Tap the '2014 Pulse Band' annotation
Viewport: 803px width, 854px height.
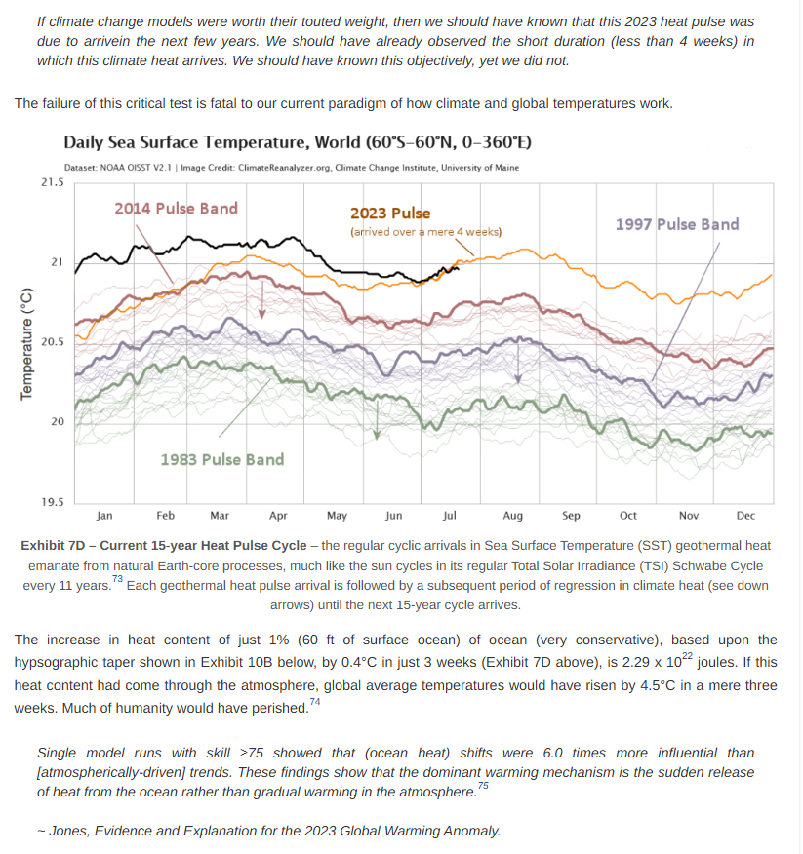tap(176, 208)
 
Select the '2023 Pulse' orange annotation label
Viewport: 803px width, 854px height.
tap(390, 213)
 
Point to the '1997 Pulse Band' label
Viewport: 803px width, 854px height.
tap(677, 224)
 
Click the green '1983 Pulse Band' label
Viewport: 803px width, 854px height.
tap(221, 459)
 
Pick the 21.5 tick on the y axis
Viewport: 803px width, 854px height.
tap(52, 182)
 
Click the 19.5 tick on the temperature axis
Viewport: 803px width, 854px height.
tap(52, 502)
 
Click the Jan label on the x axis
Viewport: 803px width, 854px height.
tap(105, 516)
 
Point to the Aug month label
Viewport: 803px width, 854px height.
tap(513, 516)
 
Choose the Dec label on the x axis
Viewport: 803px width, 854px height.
tap(745, 516)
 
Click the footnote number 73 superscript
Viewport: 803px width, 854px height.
tap(117, 580)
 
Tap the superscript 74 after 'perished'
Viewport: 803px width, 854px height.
tap(314, 702)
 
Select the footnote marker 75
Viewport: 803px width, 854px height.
tap(484, 786)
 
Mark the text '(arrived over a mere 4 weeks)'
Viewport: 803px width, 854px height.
tap(425, 232)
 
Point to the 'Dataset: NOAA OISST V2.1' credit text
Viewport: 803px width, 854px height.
tap(118, 168)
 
